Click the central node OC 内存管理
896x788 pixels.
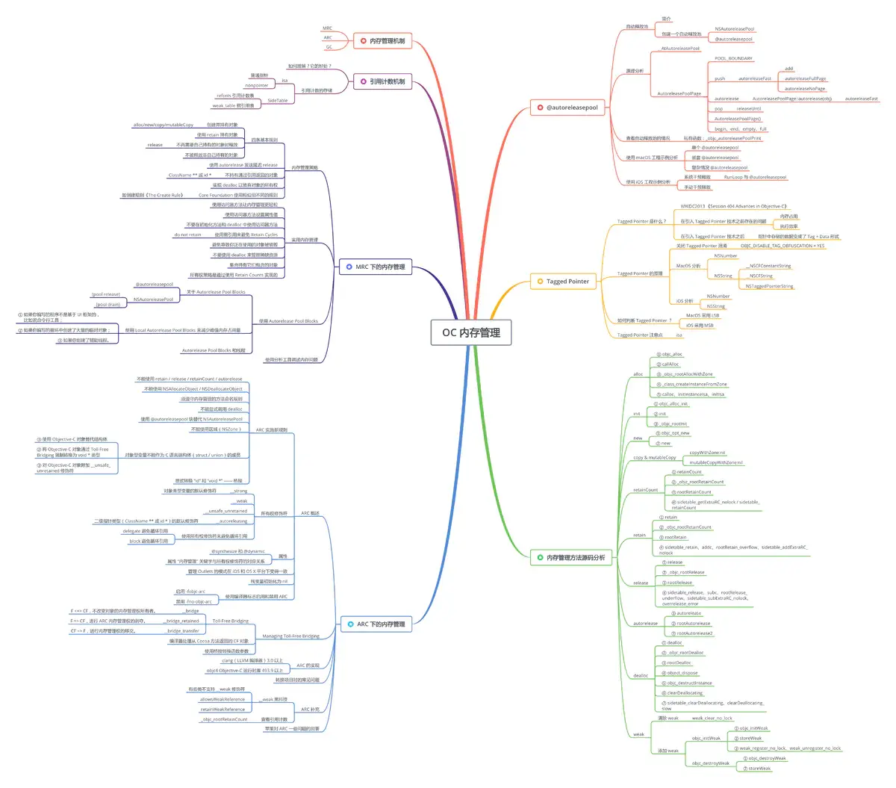coord(470,332)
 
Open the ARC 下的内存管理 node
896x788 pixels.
coord(375,624)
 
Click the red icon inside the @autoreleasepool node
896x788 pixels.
coord(539,108)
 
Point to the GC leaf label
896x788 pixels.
coord(329,47)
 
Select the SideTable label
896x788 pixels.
coord(277,100)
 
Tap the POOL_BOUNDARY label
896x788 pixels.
coord(733,58)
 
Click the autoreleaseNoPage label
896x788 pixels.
coord(805,88)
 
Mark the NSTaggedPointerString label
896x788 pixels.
coord(769,286)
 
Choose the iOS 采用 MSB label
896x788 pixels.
coord(700,325)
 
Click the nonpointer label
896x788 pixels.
coord(257,85)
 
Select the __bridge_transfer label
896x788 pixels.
coord(182,630)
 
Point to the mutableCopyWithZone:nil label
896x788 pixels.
coord(715,462)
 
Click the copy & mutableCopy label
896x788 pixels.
coord(654,457)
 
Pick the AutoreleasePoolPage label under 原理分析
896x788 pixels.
coord(679,93)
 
